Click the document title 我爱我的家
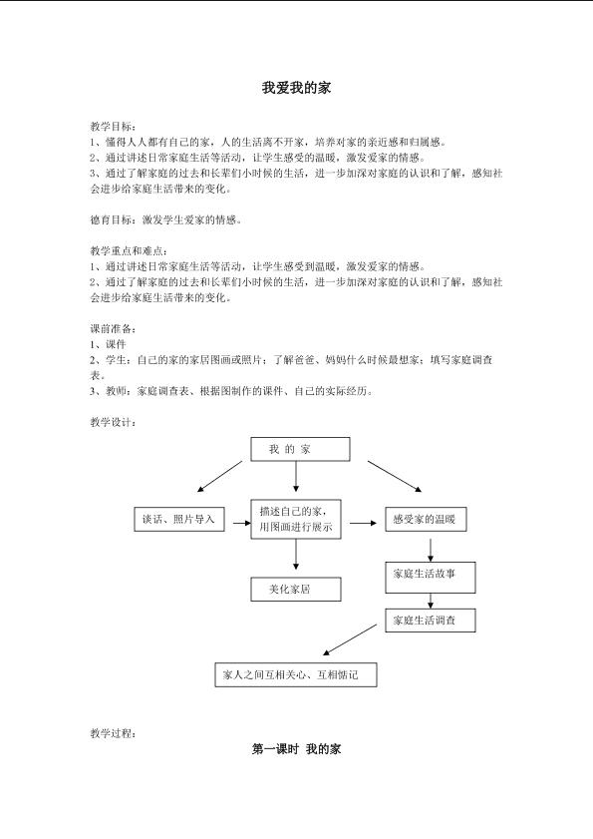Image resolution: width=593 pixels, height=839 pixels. (296, 88)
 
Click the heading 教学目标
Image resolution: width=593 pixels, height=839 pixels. (113, 127)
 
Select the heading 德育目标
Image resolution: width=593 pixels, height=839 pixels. (113, 219)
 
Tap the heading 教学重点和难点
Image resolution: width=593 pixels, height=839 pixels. (129, 251)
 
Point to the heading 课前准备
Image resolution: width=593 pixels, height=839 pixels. (113, 329)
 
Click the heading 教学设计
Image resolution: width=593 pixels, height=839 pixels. (113, 422)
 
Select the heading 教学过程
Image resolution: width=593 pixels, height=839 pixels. (113, 733)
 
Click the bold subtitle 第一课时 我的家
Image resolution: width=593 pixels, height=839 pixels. (296, 749)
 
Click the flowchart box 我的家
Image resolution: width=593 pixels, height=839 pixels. (301, 449)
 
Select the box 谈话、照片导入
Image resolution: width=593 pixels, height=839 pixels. (179, 519)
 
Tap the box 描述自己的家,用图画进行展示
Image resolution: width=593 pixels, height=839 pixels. (296, 519)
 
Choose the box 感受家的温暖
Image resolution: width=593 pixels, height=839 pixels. (426, 519)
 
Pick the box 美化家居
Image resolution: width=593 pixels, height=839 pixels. (296, 590)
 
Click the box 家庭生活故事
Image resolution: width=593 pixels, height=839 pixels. (431, 578)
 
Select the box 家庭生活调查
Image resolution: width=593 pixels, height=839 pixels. (431, 621)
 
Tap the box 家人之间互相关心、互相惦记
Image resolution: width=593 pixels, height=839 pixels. (296, 674)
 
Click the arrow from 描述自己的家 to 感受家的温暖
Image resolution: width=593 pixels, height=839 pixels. (363, 523)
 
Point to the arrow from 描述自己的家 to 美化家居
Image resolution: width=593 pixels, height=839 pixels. (296, 555)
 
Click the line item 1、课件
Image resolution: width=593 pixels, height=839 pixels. (108, 344)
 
